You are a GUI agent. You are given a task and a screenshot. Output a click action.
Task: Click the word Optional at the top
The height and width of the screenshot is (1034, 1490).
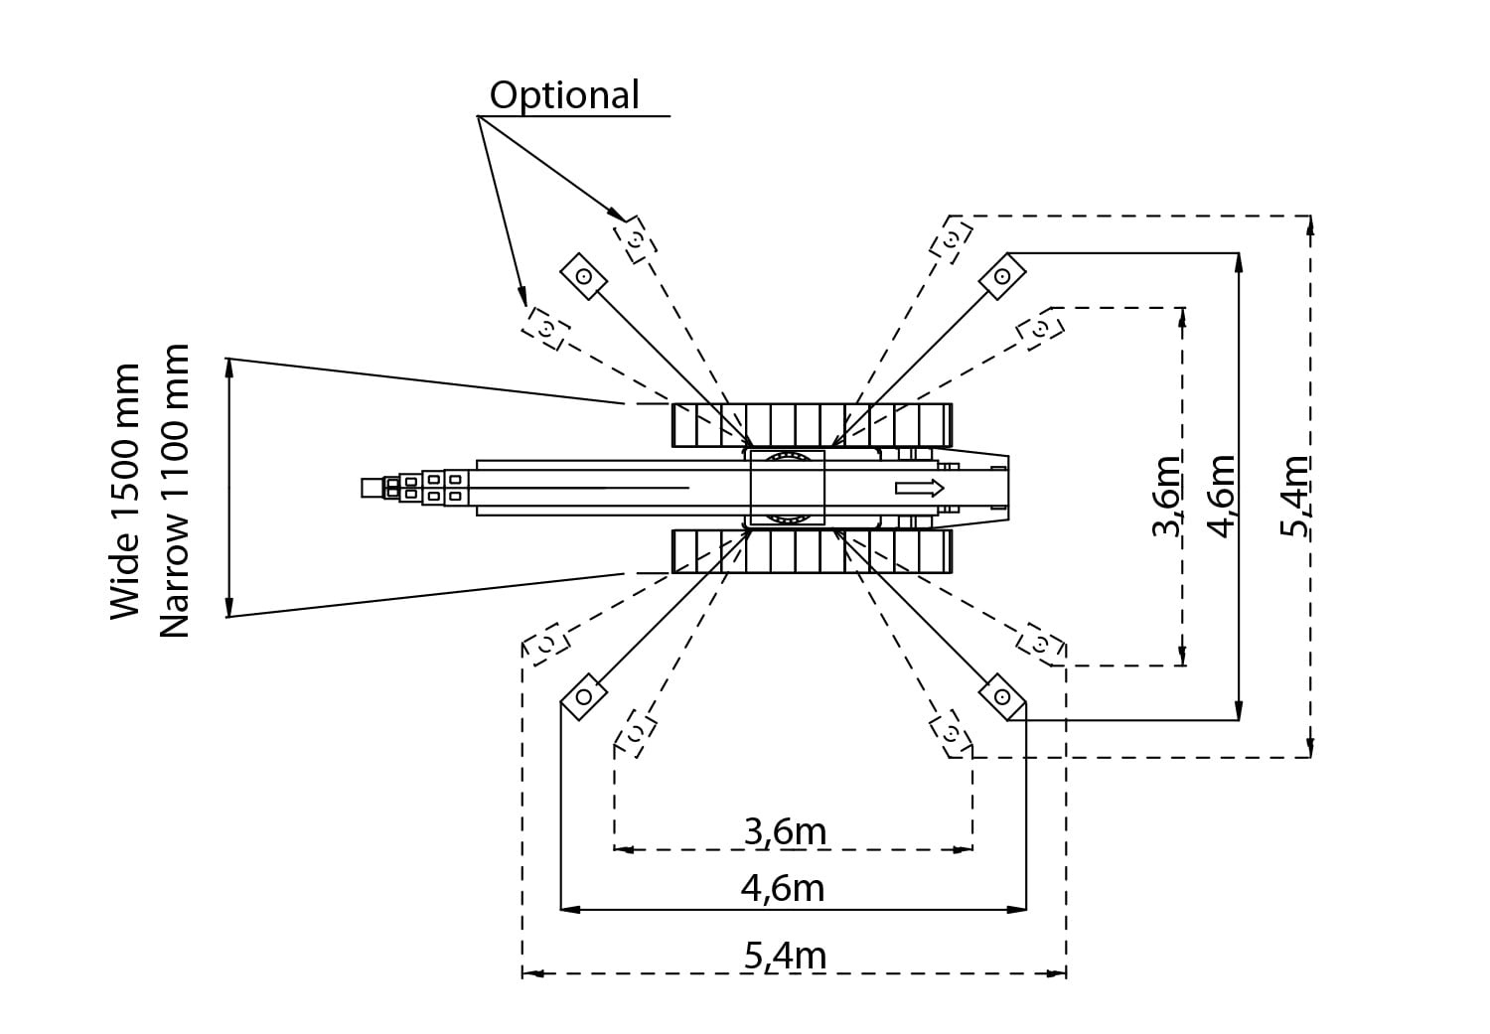click(564, 95)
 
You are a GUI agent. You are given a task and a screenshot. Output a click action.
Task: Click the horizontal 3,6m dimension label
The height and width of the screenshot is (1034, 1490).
click(785, 830)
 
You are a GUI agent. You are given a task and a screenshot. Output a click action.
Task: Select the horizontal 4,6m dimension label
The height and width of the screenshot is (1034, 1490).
click(783, 887)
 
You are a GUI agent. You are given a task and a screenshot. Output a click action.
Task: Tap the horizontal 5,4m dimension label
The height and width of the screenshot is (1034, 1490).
click(785, 956)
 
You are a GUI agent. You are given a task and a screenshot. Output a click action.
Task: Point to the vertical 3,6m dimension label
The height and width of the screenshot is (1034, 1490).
click(1166, 496)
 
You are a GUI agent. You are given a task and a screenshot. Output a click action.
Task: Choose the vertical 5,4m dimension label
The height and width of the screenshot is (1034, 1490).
click(1295, 496)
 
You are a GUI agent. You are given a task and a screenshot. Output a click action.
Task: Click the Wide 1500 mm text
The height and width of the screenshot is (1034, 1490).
click(125, 492)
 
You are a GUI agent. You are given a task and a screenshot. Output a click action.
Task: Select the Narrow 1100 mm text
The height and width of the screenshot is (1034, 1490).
click(174, 492)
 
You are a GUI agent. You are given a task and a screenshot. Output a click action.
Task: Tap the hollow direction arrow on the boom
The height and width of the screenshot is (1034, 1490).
click(919, 487)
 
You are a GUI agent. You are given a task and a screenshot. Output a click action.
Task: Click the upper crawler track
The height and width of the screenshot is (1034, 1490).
click(812, 424)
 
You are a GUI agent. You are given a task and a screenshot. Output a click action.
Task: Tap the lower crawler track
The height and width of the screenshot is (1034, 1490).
click(812, 551)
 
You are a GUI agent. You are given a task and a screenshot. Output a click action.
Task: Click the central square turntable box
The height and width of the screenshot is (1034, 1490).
click(787, 487)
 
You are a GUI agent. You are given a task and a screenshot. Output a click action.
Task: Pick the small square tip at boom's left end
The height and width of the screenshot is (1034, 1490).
click(372, 487)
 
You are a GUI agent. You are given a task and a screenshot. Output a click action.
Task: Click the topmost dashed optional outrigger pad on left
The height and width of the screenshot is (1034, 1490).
click(635, 239)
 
